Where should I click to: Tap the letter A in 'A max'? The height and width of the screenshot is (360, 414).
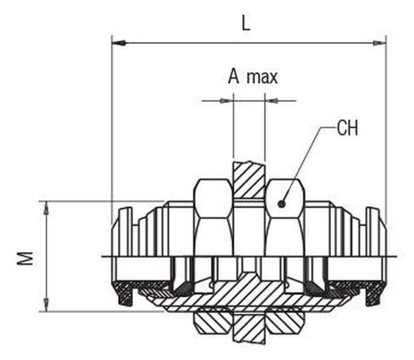233,76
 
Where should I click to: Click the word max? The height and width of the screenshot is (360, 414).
262,77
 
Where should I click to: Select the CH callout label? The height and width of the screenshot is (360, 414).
347,128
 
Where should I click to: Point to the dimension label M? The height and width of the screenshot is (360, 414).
25,258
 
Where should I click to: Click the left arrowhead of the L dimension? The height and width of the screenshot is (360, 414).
119,43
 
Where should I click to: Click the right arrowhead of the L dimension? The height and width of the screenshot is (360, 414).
380,43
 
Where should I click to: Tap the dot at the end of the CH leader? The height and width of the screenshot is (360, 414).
282,204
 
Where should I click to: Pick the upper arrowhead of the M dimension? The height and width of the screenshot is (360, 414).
46,208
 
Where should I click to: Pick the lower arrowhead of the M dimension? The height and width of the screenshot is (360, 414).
46,305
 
